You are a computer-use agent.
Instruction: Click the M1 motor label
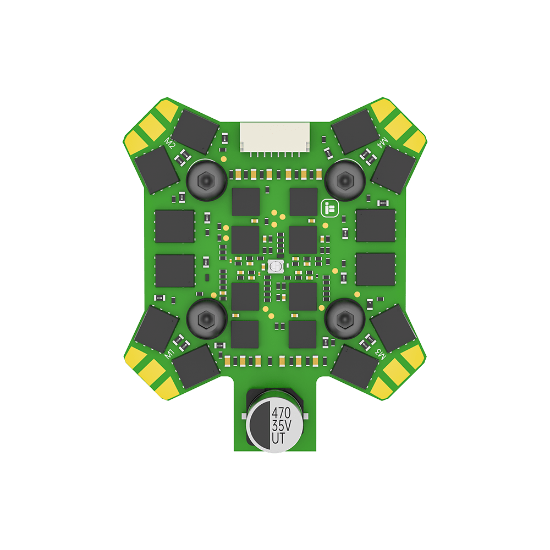pyautogui.click(x=169, y=354)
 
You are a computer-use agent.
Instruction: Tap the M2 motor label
pyautogui.click(x=169, y=143)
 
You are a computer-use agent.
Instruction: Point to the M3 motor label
pyautogui.click(x=381, y=354)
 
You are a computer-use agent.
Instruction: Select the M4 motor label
pyautogui.click(x=382, y=142)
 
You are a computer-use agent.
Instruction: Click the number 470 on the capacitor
pyautogui.click(x=281, y=413)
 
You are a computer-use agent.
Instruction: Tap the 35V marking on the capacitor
pyautogui.click(x=281, y=426)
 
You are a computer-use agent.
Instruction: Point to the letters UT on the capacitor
pyautogui.click(x=278, y=438)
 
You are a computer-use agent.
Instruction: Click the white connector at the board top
pyautogui.click(x=274, y=138)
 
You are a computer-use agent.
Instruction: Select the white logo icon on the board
pyautogui.click(x=330, y=208)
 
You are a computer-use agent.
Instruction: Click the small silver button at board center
pyautogui.click(x=276, y=267)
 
